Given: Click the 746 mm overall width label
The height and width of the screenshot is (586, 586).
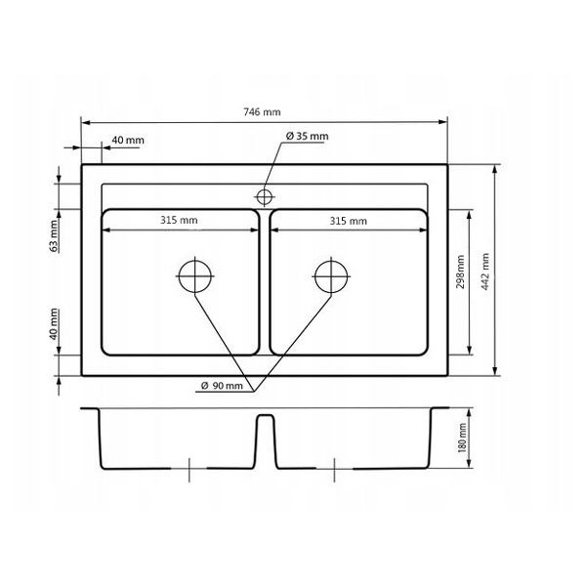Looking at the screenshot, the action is (262, 111).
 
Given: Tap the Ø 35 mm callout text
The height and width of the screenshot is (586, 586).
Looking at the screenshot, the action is (308, 136).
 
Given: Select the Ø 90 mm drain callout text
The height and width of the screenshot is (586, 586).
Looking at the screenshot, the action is (222, 386).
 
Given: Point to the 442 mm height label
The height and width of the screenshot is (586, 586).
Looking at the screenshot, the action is (485, 272).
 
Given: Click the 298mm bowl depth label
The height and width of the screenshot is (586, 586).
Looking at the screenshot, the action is (460, 272).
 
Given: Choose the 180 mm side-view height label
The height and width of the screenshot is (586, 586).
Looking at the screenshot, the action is (462, 438).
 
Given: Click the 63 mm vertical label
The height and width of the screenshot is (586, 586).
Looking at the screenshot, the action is (54, 236).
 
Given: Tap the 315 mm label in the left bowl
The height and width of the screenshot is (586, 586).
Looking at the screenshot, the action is (179, 220).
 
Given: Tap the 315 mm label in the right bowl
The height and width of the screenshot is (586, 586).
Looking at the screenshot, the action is (349, 221).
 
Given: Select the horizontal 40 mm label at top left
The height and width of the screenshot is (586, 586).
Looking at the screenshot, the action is (128, 140).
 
